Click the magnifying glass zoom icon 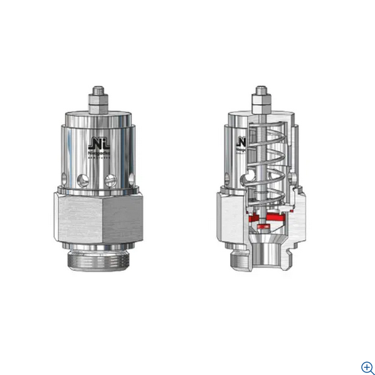(x=367, y=367)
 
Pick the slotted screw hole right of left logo (x=113, y=180)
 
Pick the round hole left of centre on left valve (x=83, y=181)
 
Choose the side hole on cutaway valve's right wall (x=293, y=180)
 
